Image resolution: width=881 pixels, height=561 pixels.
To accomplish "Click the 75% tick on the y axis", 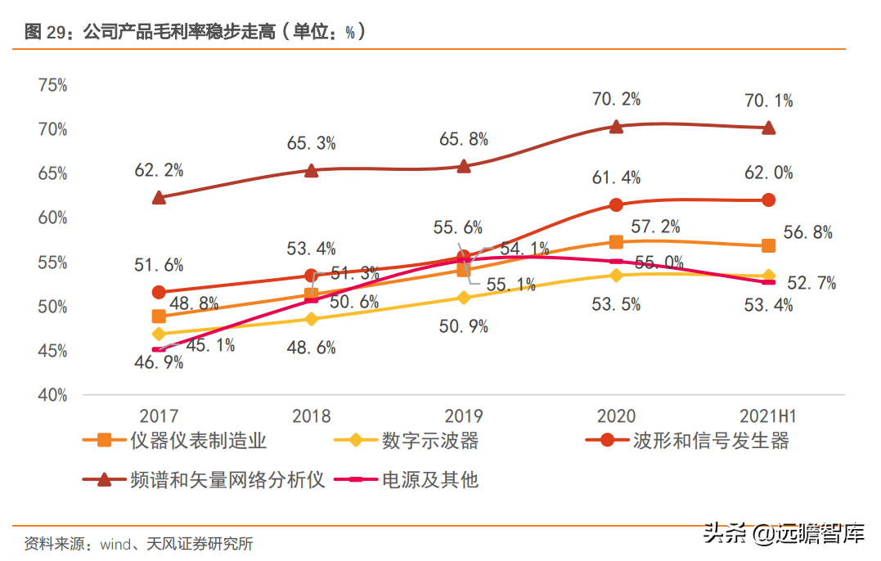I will pos(52,85).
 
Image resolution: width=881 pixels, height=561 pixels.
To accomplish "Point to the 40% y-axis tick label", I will pos(52,395).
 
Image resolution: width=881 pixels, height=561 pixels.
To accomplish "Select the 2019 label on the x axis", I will pos(464,416).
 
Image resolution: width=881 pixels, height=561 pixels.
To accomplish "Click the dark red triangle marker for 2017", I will pos(159,197).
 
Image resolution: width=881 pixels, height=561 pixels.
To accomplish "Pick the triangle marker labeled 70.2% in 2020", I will pos(616,126).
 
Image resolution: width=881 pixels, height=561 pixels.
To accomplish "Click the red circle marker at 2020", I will pos(616,204).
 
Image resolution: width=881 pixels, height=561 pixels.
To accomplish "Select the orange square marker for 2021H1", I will pos(768,245).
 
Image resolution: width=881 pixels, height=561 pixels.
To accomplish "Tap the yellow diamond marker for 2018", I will pos(311,318).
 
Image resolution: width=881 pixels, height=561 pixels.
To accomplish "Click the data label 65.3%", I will pos(311,143).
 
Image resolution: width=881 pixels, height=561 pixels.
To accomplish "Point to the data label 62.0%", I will pos(768,173).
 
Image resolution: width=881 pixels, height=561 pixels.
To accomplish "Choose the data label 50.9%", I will pos(463,327).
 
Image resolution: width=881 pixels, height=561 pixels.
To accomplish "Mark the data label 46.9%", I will pos(159,363).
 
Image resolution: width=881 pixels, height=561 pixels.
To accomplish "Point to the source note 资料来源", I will pos(138,542).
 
